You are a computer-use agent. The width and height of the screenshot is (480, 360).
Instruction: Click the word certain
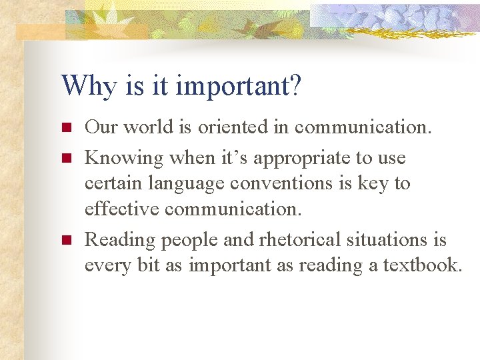point(115,183)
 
